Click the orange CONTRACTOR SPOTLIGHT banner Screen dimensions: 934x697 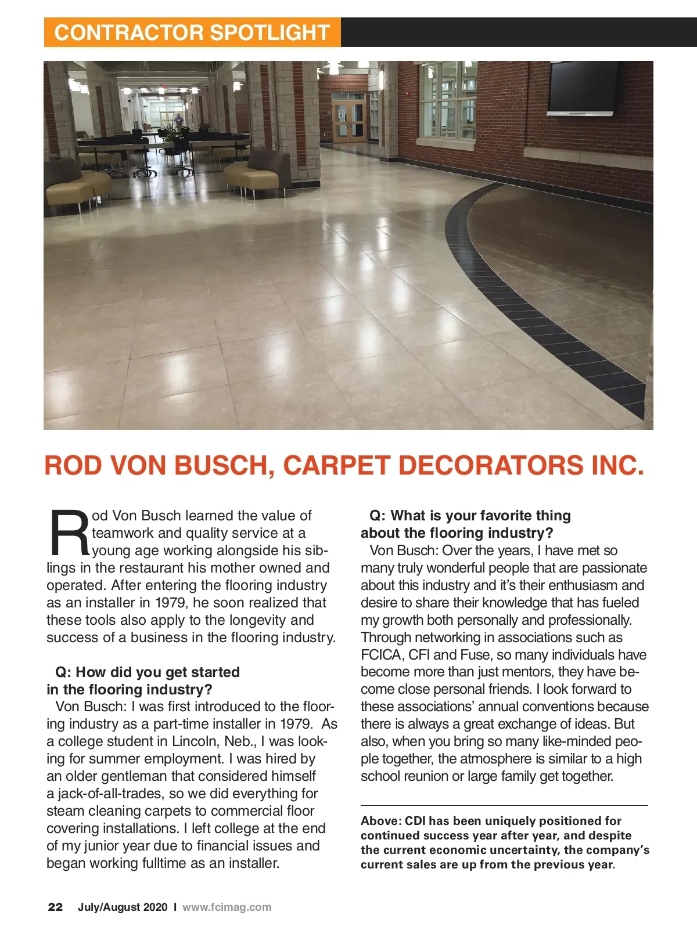click(x=192, y=32)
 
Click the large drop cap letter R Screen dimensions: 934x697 click(x=69, y=533)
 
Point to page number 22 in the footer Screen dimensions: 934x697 click(x=55, y=907)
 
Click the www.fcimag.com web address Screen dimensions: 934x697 click(x=227, y=907)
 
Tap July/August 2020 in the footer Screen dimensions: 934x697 click(x=123, y=907)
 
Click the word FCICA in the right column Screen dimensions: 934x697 click(x=381, y=655)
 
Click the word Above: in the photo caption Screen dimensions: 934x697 click(x=380, y=821)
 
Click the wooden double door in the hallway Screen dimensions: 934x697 click(x=348, y=121)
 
